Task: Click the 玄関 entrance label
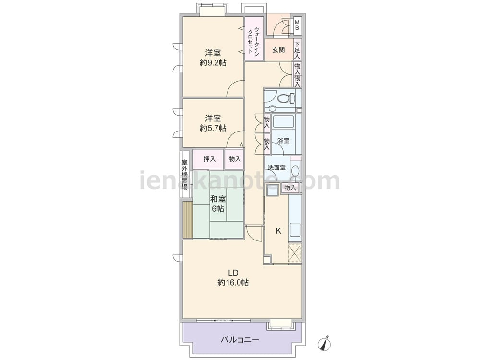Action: coord(278,50)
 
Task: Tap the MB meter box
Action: coord(297,25)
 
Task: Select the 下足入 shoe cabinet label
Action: coord(297,49)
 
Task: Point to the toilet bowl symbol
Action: coord(285,98)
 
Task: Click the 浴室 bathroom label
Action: coord(284,141)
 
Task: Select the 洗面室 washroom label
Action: coord(277,168)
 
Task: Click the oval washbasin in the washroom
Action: coord(295,170)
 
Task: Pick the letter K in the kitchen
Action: coord(278,231)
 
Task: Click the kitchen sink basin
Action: coord(295,230)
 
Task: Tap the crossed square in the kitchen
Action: coord(295,253)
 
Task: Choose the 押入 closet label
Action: coord(210,159)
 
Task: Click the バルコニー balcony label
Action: coord(240,340)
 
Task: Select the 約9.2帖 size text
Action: coord(213,63)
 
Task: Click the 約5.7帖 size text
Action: coord(213,128)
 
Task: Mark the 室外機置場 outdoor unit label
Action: coord(185,175)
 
